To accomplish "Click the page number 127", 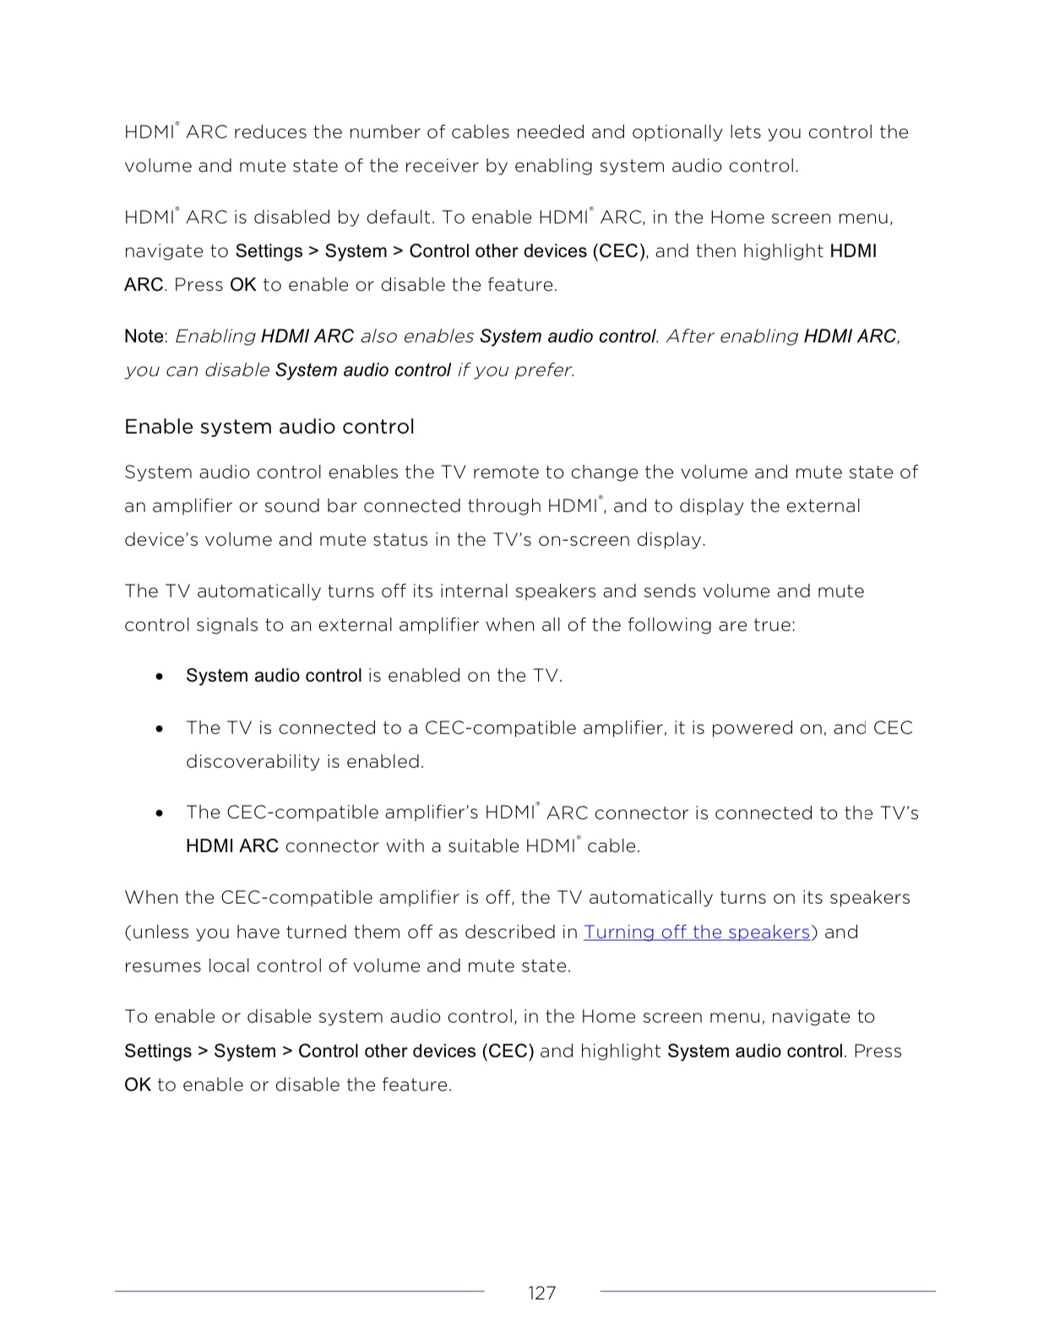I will coord(541,1293).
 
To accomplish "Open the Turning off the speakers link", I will coord(697,932).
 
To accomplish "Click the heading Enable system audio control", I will coord(269,427).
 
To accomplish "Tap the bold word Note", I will coord(144,336).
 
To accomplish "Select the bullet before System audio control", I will coord(160,677).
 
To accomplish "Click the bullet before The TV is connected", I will coord(160,728).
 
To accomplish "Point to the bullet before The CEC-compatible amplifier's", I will coord(160,814).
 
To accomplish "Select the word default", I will coord(399,217).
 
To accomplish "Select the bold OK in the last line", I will coord(137,1084).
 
